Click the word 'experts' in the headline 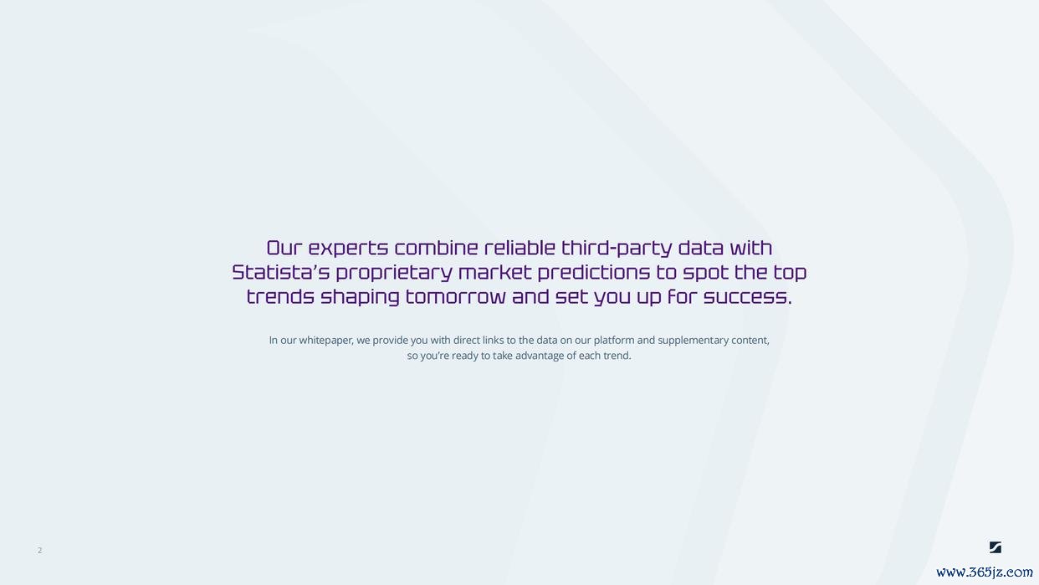click(x=348, y=249)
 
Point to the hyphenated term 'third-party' click(x=617, y=249)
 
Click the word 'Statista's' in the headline click(x=280, y=272)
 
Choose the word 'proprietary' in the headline click(x=394, y=273)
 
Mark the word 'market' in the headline click(x=495, y=272)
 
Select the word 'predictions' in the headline click(x=594, y=273)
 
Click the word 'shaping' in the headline click(x=360, y=297)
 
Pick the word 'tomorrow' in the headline click(x=455, y=296)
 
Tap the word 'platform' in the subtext click(x=614, y=341)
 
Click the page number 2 click(x=40, y=550)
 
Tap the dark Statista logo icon click(x=995, y=547)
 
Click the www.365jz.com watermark click(x=985, y=572)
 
